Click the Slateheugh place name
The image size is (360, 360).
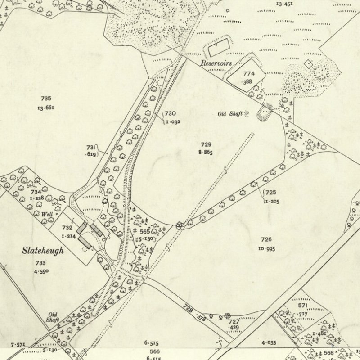[43, 251]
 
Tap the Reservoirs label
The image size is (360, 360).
[216, 63]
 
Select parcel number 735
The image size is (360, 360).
[46, 99]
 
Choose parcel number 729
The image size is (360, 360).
[206, 144]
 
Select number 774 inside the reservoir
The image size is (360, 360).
[249, 73]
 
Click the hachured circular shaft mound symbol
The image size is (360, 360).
[265, 112]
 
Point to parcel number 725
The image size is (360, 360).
[271, 193]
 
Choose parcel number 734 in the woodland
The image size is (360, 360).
[36, 191]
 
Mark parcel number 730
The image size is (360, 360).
[170, 114]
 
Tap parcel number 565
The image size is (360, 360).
[144, 231]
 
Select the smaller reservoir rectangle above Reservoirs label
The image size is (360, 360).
[217, 46]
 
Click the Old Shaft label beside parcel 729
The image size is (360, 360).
[230, 114]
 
